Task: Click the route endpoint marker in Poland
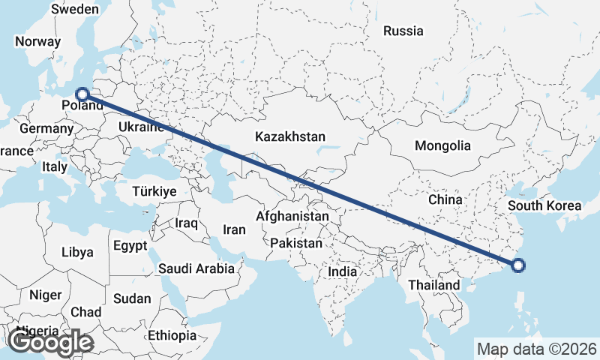82,94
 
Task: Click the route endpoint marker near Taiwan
518,264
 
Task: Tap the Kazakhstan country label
289,137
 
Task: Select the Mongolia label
442,146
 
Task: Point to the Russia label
403,31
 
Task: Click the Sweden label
74,9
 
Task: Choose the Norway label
37,42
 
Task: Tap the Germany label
45,128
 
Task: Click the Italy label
55,166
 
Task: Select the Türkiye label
154,191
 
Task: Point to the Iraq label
185,223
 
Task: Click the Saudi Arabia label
196,268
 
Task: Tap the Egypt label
130,245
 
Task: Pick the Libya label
78,251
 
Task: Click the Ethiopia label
172,335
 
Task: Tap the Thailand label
433,286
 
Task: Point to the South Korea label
544,205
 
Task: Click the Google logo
50,342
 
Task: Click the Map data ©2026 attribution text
537,349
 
